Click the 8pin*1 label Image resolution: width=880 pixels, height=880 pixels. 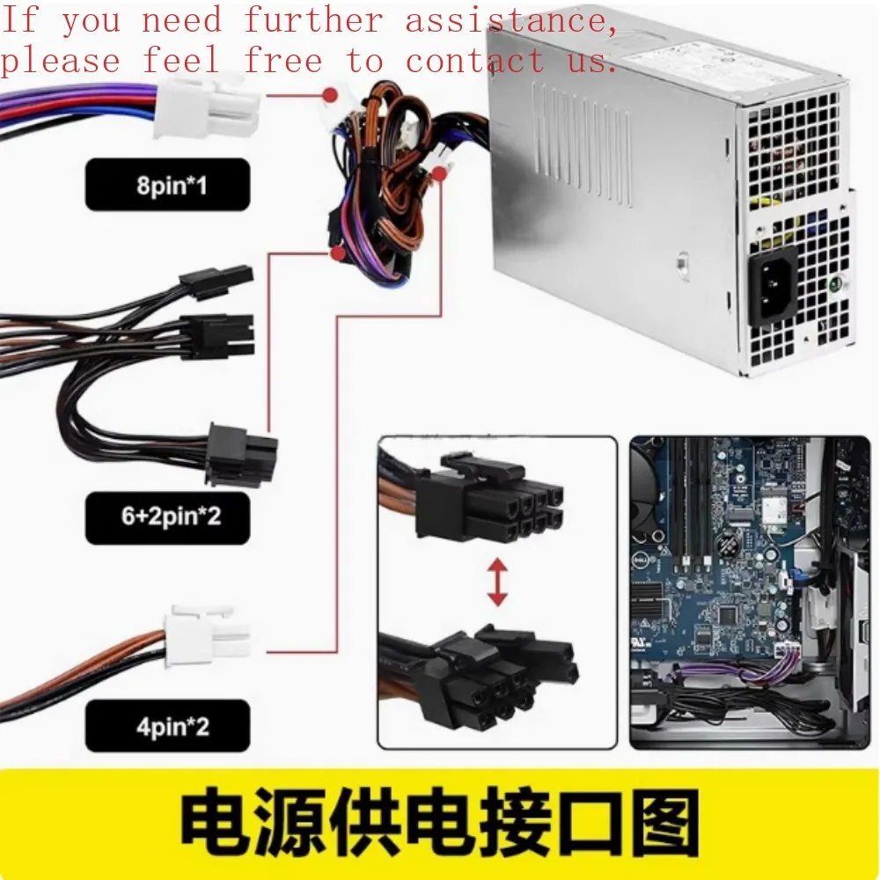point(167,186)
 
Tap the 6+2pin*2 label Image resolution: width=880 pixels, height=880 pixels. point(167,515)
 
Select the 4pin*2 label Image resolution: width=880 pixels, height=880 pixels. point(167,727)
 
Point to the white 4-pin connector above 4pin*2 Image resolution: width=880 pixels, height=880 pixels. point(207,634)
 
